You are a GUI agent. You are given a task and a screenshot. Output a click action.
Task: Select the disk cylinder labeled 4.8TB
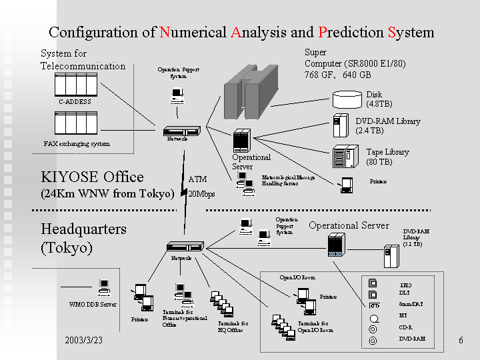(x=348, y=100)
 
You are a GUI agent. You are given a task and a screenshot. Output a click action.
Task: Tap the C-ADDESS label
(x=75, y=102)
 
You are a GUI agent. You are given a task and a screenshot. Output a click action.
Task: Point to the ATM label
(x=198, y=179)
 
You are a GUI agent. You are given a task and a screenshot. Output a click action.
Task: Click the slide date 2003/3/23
(x=83, y=341)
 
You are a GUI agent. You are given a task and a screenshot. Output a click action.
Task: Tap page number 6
(x=461, y=341)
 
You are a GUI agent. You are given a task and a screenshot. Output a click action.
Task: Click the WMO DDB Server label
(x=93, y=305)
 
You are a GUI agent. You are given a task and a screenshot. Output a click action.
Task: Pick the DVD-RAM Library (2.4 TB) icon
(x=339, y=125)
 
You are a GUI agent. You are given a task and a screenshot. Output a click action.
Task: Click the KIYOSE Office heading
(x=92, y=177)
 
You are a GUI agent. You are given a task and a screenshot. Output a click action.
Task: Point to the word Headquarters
(x=83, y=229)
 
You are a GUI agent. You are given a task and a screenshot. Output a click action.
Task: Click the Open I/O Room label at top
(x=297, y=277)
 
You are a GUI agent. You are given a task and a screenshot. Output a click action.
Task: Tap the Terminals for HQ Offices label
(x=233, y=326)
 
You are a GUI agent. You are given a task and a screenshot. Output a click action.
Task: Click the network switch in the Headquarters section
(x=185, y=247)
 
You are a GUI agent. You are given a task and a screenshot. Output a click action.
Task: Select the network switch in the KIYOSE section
(x=181, y=131)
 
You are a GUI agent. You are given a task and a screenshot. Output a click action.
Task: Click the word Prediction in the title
(x=351, y=32)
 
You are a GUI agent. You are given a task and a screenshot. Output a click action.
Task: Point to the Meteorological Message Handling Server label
(x=287, y=180)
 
